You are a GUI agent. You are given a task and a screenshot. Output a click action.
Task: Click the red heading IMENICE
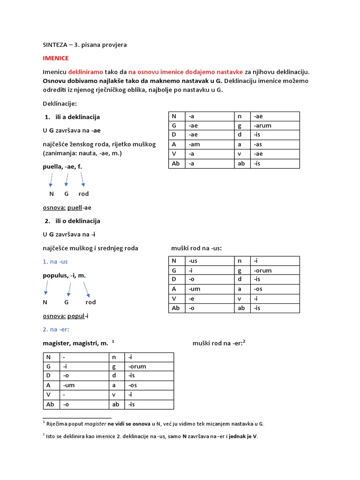55,58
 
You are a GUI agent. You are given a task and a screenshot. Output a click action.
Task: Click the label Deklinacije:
60,103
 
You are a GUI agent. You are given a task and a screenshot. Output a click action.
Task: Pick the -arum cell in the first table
262,126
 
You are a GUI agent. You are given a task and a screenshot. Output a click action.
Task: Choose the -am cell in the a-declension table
195,145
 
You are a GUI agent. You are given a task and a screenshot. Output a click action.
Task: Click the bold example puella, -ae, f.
62,166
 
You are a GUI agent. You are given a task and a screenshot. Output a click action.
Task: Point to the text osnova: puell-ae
67,208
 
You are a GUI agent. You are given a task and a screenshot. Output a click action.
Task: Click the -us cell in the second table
193,261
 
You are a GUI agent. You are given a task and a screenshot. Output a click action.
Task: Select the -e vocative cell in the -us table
192,299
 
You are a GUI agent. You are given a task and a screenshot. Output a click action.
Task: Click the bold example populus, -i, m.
64,275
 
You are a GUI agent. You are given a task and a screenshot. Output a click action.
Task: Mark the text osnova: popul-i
66,316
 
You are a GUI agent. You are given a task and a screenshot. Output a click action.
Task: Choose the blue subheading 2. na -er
55,330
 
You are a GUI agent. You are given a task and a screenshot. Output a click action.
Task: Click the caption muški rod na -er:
219,343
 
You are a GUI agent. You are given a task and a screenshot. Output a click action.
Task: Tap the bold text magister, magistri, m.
75,344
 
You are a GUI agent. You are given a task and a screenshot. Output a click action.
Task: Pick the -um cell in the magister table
68,385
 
